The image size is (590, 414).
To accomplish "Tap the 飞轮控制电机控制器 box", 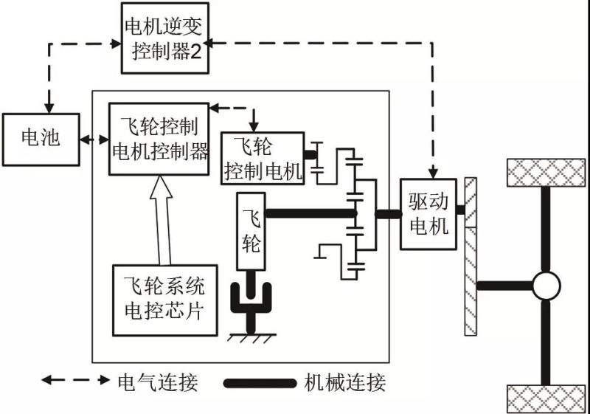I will click(159, 139).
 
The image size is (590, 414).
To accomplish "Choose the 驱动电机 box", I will click(428, 214).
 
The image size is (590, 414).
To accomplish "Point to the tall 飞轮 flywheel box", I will click(251, 231).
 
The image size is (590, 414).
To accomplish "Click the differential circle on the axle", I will click(546, 286).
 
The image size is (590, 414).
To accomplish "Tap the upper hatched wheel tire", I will click(546, 173).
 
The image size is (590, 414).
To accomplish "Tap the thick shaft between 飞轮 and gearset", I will click(310, 214).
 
